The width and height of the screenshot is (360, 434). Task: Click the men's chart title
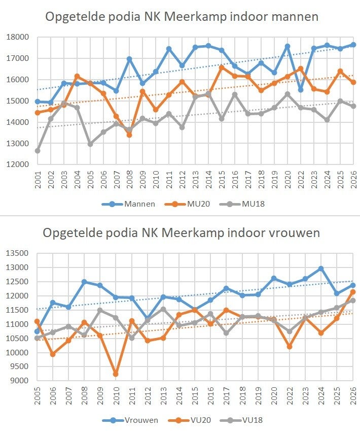pyautogui.click(x=182, y=17)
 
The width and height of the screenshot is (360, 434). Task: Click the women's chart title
pyautogui.click(x=181, y=233)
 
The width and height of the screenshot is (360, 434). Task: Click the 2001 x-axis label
pyautogui.click(x=38, y=181)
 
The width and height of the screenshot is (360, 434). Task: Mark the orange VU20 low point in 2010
pyautogui.click(x=116, y=374)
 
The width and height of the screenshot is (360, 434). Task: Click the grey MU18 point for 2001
pyautogui.click(x=38, y=151)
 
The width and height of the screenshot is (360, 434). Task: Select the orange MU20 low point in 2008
pyautogui.click(x=129, y=135)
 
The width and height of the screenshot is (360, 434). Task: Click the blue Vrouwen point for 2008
pyautogui.click(x=84, y=282)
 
